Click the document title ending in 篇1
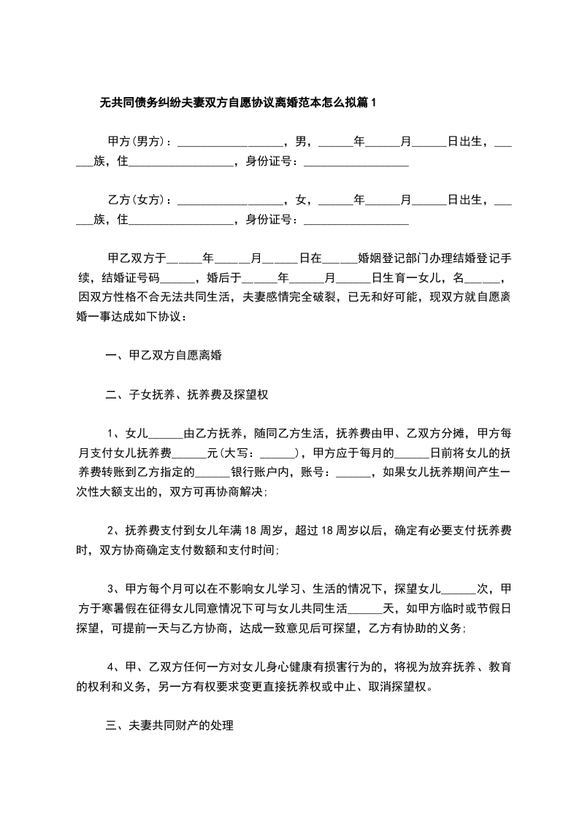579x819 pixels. click(238, 103)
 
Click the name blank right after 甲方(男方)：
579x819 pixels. click(231, 141)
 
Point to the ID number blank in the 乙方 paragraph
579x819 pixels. click(356, 220)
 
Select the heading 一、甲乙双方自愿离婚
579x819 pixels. click(164, 357)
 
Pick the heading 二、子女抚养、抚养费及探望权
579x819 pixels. click(188, 396)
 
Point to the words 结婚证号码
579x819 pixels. click(130, 278)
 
